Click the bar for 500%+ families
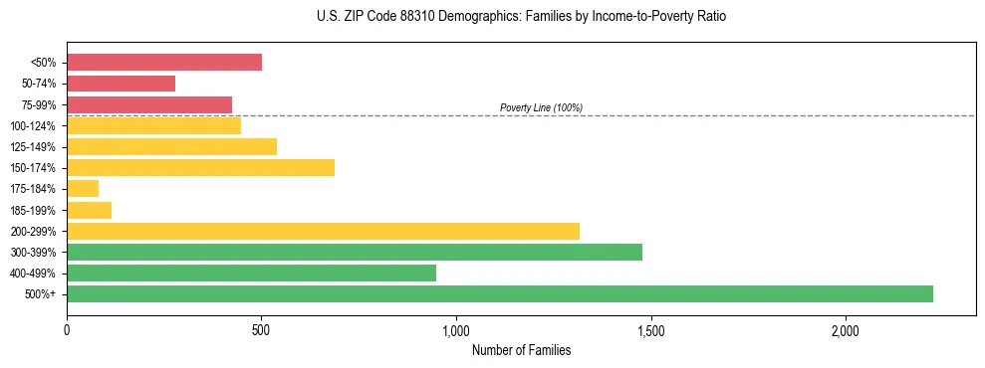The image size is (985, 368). (x=500, y=293)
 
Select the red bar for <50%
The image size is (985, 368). (x=164, y=62)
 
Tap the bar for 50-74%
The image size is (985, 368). (x=121, y=84)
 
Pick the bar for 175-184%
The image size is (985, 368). (x=83, y=188)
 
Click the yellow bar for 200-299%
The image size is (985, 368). (x=323, y=231)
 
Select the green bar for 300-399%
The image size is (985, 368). (x=355, y=252)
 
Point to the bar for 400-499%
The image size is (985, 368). (x=251, y=273)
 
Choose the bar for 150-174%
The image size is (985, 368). (x=200, y=167)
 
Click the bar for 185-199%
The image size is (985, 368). (x=89, y=210)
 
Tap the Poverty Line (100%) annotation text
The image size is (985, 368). (x=541, y=107)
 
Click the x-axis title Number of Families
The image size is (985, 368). (x=521, y=350)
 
